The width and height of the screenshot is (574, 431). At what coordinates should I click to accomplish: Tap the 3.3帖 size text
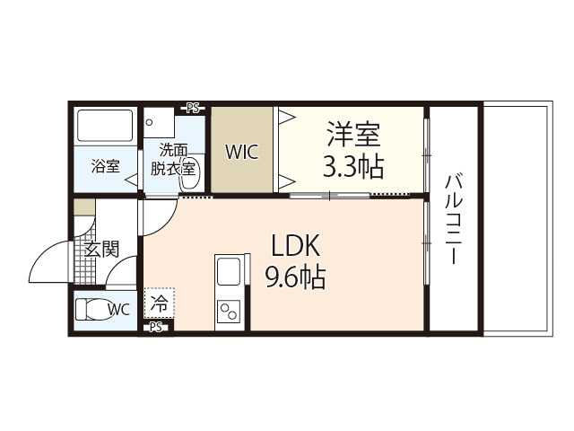pyautogui.click(x=352, y=166)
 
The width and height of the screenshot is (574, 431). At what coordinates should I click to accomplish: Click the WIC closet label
pyautogui.click(x=241, y=151)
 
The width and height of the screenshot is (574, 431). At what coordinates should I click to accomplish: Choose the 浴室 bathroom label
pyautogui.click(x=105, y=166)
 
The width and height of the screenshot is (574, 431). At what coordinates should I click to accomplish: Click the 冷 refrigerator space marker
pyautogui.click(x=159, y=304)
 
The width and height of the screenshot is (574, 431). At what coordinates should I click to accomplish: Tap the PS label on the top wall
pyautogui.click(x=193, y=108)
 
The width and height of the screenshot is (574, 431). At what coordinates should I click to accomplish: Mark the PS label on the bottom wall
pyautogui.click(x=156, y=328)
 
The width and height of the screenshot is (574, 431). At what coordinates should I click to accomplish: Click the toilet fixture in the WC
pyautogui.click(x=92, y=310)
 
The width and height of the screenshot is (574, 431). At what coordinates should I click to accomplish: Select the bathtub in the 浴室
pyautogui.click(x=104, y=125)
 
